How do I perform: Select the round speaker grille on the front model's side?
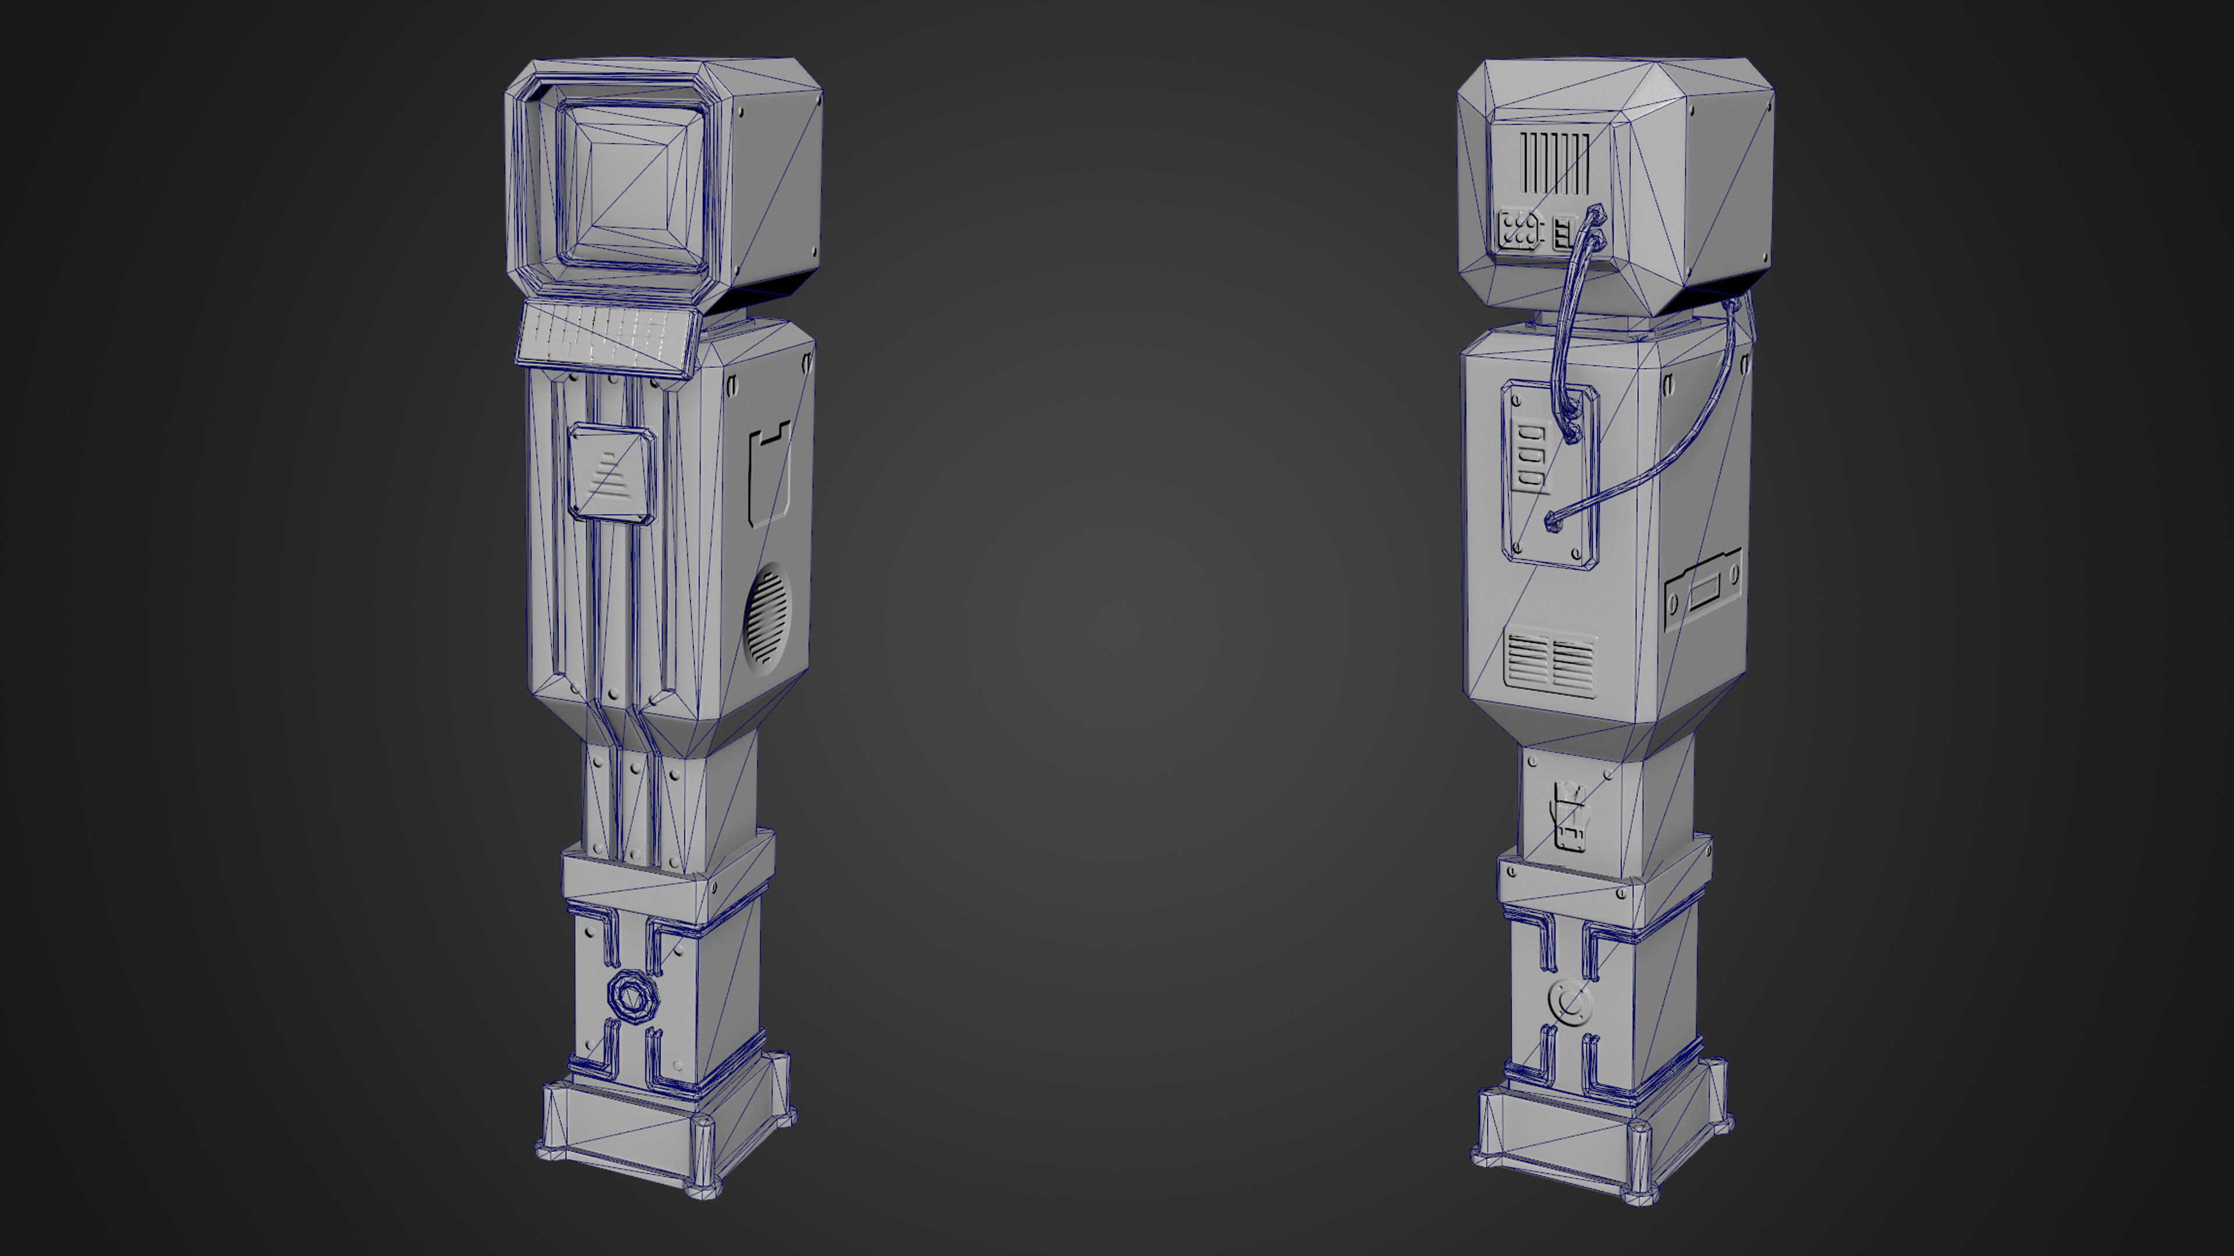pyautogui.click(x=767, y=615)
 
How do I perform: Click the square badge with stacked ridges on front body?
pyautogui.click(x=610, y=473)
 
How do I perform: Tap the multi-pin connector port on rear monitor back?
pyautogui.click(x=1517, y=231)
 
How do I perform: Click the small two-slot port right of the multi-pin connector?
pyautogui.click(x=1562, y=234)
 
